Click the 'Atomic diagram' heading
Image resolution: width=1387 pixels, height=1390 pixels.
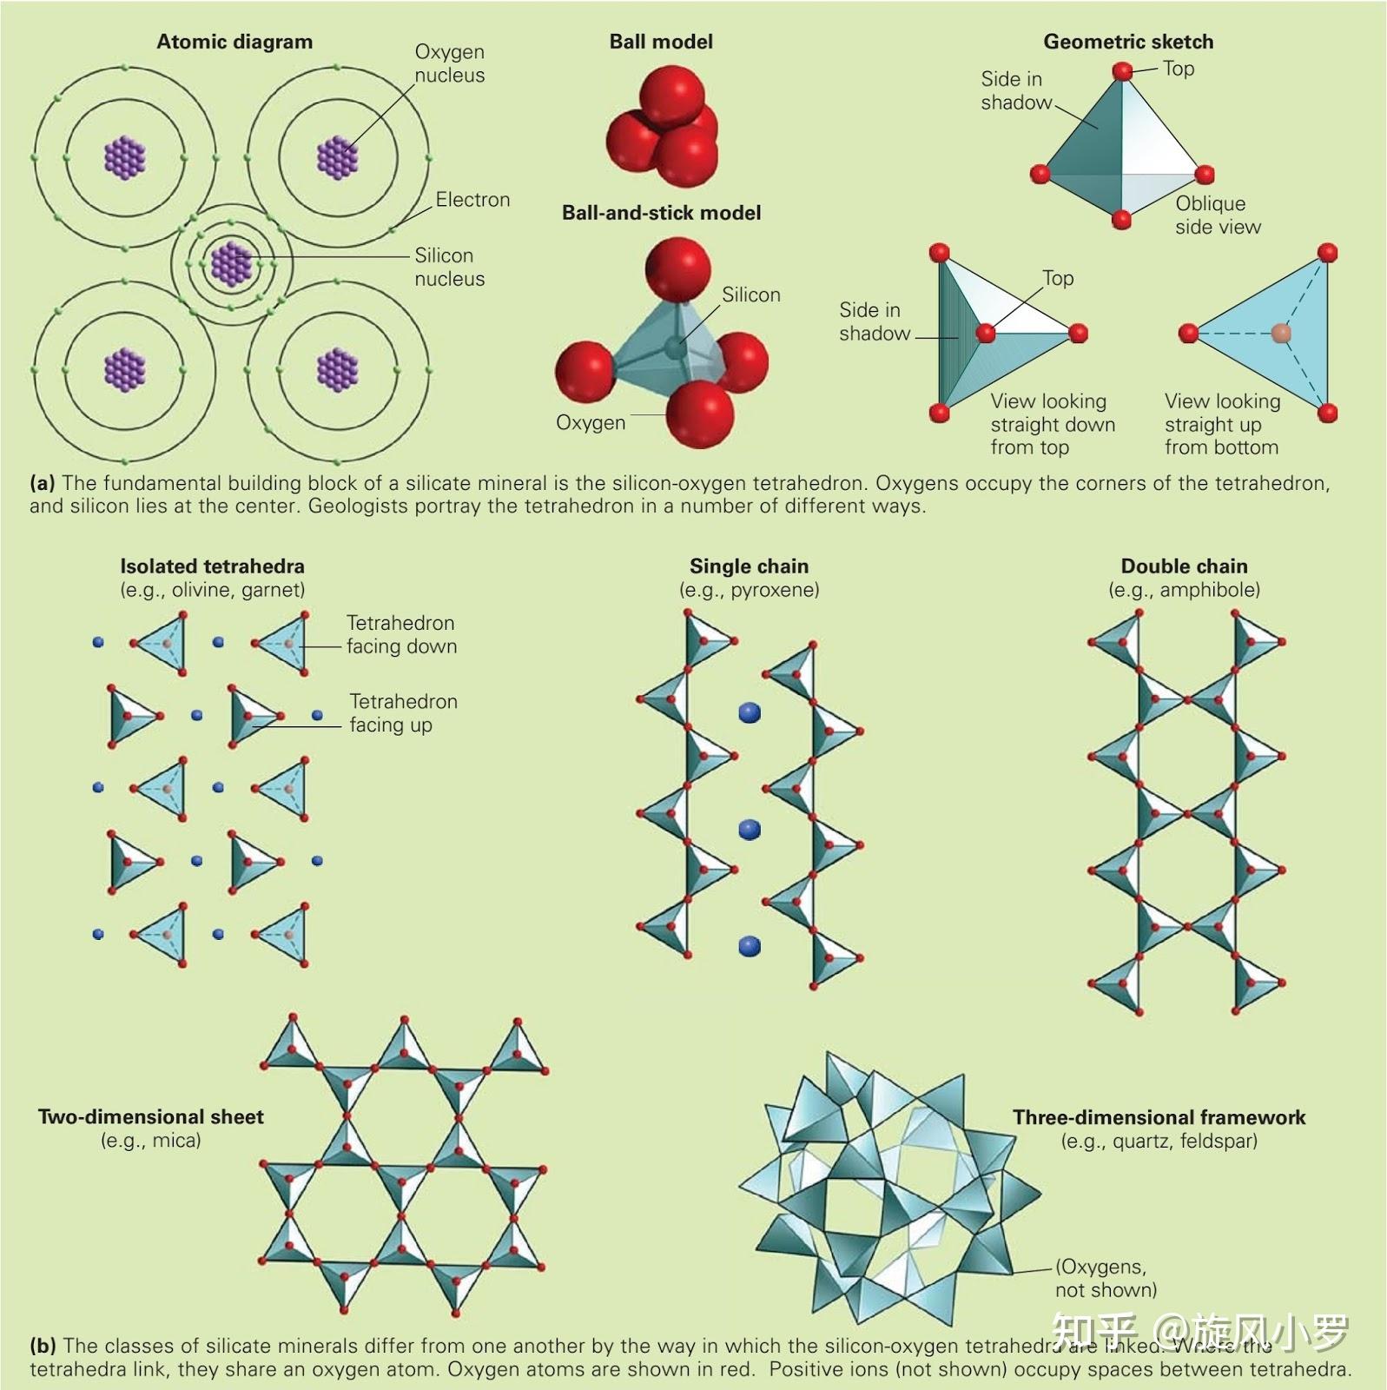coord(234,42)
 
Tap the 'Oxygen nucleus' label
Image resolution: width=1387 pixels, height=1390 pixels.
coord(449,63)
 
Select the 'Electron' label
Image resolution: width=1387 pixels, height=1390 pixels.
coord(472,200)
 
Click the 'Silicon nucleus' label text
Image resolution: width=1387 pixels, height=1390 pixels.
coord(449,267)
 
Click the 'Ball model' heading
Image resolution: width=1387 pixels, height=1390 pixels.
coord(661,42)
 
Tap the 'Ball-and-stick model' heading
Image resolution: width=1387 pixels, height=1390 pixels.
coord(661,213)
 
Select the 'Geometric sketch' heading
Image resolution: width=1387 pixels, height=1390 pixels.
coord(1128,42)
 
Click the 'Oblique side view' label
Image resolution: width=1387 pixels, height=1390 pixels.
coord(1218,215)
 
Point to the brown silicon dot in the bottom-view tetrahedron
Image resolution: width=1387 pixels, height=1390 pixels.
coord(1281,333)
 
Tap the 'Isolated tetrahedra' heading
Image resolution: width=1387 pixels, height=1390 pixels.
coord(212,566)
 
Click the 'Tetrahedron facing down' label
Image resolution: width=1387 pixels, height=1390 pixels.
coord(401,634)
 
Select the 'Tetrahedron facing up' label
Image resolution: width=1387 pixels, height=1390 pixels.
coord(403,712)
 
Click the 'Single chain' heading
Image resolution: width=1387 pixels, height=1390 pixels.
coord(749,566)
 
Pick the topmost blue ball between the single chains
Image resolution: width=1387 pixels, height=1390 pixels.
coord(750,713)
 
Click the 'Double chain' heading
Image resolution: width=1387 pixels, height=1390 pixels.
coord(1184,566)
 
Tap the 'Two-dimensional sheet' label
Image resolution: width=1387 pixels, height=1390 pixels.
coord(150,1117)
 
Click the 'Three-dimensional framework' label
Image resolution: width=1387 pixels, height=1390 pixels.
coord(1159,1117)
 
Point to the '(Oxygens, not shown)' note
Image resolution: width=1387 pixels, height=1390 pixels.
coord(1106,1278)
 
